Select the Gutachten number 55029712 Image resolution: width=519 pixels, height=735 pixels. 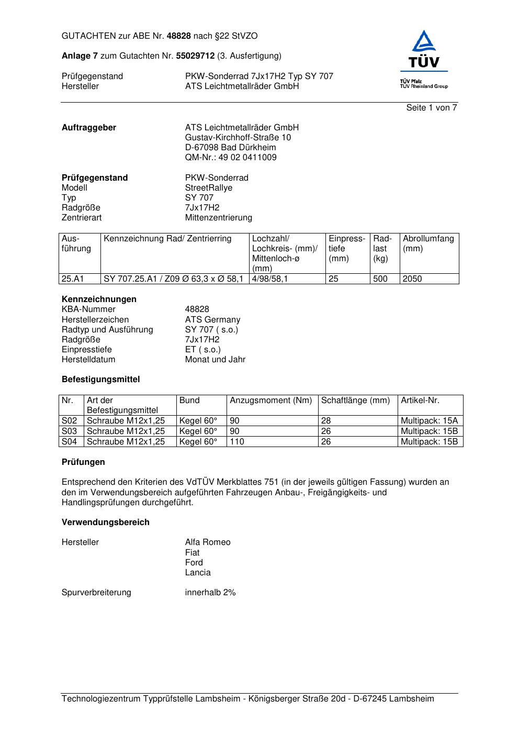coord(195,55)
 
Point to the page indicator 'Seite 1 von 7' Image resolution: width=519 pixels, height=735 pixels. coord(432,108)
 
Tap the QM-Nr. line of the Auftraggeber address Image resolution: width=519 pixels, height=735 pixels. coord(231,158)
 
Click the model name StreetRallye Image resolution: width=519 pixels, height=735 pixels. coord(208,188)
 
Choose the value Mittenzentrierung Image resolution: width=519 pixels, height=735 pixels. coord(218,218)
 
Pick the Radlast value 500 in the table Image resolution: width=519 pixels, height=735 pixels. coord(380,279)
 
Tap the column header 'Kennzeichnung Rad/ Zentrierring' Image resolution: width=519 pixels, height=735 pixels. coord(167,239)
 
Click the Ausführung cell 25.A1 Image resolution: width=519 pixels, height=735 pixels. coord(73,279)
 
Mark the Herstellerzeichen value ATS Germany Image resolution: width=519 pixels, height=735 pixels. coord(212,320)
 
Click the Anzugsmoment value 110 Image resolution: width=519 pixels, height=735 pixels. coord(237,442)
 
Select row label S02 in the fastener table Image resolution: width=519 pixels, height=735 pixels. coord(69,421)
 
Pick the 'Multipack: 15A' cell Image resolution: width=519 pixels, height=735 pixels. coord(429,421)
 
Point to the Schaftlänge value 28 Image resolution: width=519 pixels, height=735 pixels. coord(326,421)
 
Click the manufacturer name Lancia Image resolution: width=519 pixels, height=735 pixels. coord(198,573)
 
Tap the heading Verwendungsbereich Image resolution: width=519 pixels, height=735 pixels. coord(105,522)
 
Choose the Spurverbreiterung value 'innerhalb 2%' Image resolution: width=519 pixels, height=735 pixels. coord(210,593)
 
